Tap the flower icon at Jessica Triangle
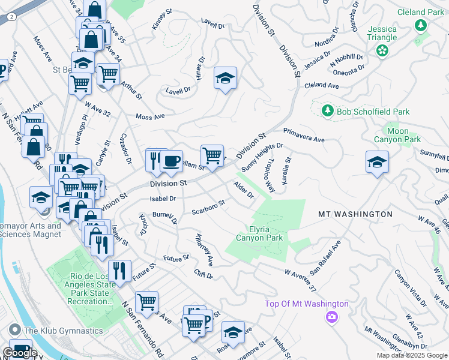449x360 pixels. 382,52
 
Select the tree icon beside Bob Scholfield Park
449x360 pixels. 327,110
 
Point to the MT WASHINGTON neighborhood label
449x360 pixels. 355,214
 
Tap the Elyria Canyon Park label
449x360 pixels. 266,233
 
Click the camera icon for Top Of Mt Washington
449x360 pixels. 330,317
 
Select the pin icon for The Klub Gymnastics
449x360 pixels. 14,329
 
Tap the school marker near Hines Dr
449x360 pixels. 226,78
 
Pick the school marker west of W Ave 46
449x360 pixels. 377,162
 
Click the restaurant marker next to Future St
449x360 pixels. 120,270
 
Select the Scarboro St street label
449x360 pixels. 208,206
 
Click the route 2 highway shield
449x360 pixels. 11,17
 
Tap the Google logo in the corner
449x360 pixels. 20,353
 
